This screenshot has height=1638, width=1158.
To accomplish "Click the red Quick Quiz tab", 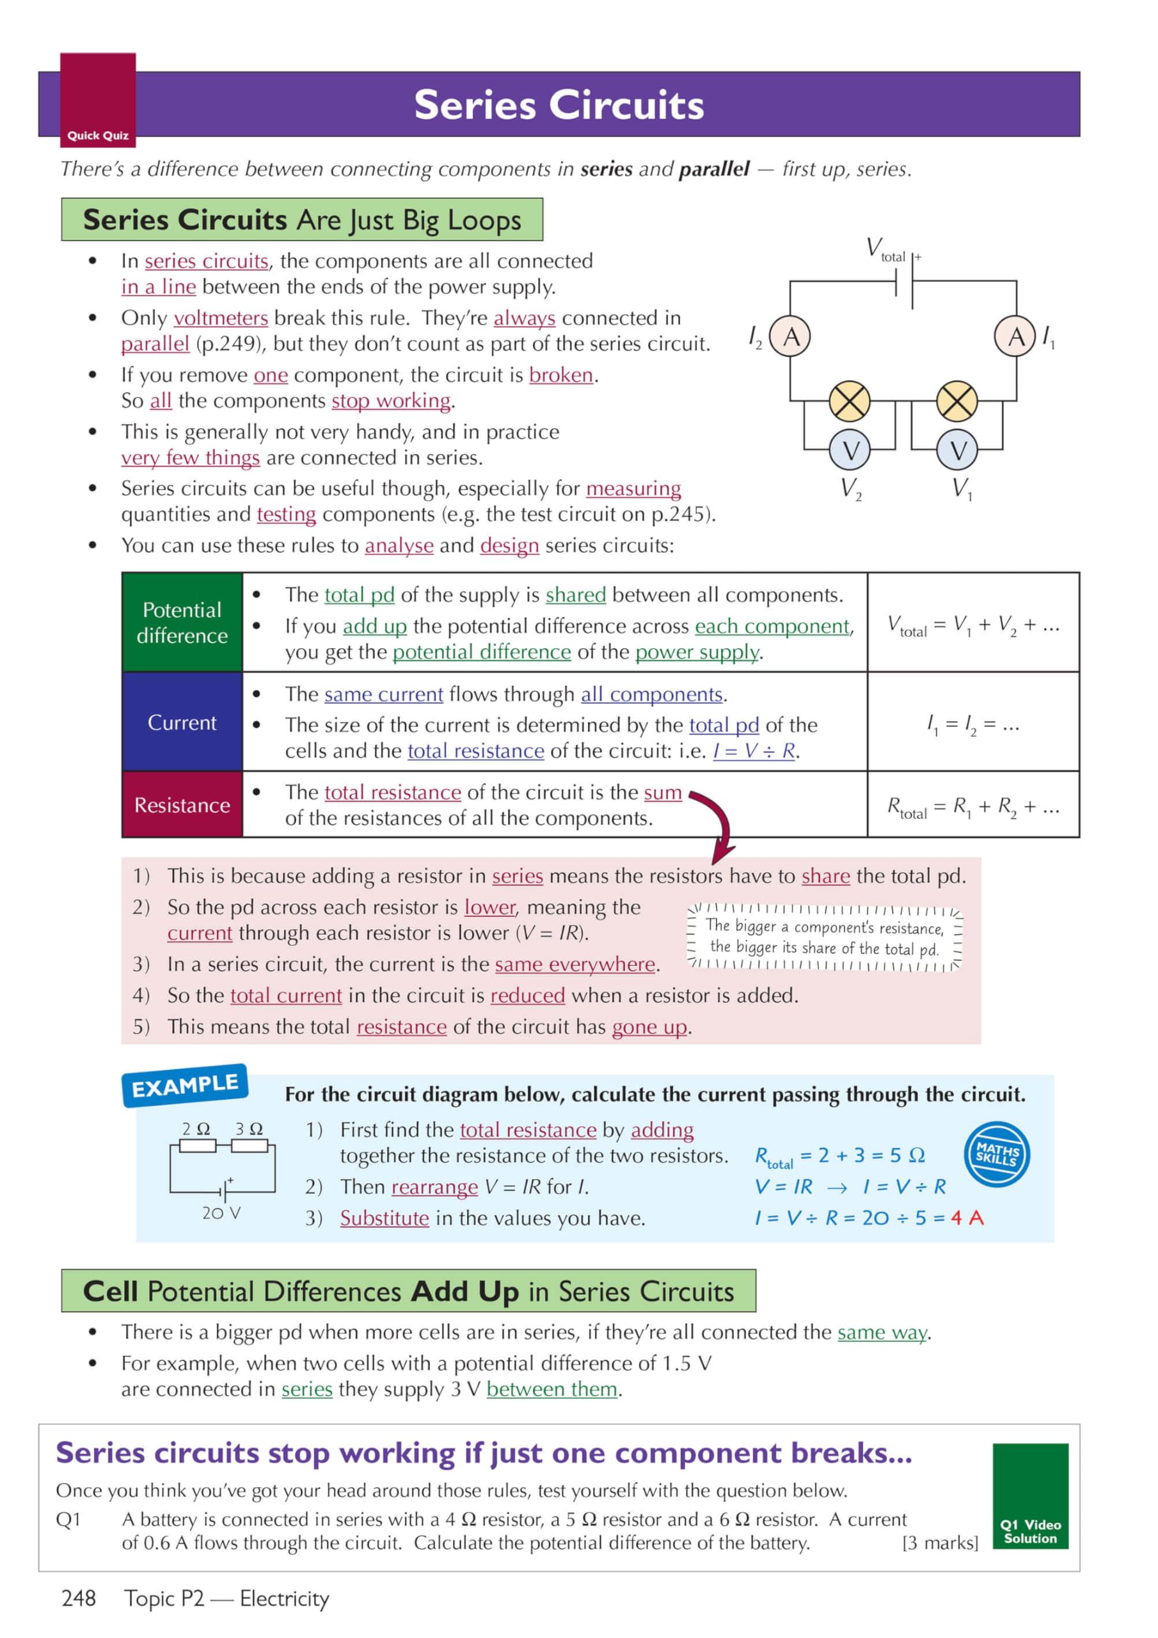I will point(98,100).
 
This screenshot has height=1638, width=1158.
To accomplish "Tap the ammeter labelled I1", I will point(1015,336).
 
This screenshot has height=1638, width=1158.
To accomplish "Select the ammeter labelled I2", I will point(791,336).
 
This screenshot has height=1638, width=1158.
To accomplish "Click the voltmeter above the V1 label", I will point(958,450).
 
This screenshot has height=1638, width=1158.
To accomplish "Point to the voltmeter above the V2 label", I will point(850,450).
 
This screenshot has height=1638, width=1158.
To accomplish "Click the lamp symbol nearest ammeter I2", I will point(849,401).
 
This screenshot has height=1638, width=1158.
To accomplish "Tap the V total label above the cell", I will point(885,250).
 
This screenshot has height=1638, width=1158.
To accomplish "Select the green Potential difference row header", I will point(182,622).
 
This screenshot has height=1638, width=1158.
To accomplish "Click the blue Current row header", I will point(182,722).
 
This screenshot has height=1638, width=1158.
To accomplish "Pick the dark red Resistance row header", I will point(182,805).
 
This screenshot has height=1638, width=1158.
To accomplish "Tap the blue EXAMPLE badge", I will point(186,1085).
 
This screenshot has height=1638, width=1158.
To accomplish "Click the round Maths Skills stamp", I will point(997,1154).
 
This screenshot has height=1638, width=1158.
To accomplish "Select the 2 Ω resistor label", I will point(196,1129).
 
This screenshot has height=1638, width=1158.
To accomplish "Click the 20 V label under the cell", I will point(221,1213).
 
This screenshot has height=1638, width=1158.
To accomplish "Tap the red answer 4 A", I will point(967,1218).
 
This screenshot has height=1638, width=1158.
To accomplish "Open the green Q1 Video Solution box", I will point(1029,1496).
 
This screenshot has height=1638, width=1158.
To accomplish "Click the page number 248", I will point(79,1598).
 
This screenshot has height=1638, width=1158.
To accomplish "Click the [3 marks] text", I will point(940,1543).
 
